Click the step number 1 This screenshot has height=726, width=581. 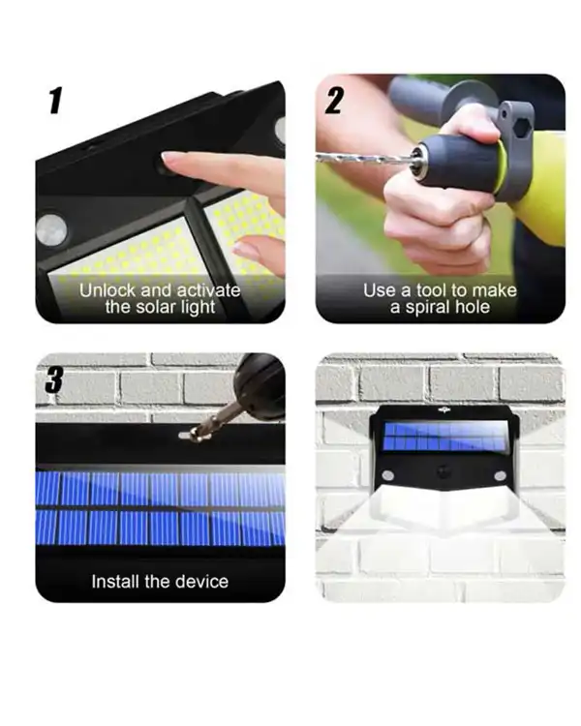(55, 100)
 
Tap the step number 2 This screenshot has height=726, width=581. (334, 100)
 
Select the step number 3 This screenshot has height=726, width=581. (54, 379)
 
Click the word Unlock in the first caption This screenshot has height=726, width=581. (107, 290)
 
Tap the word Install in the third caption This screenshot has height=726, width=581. (115, 581)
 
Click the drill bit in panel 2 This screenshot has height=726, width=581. (365, 159)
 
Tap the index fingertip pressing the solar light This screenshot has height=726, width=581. (168, 158)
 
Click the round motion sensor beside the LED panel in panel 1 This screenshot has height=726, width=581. (51, 230)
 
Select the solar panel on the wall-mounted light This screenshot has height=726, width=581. (444, 436)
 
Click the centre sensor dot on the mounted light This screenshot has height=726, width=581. (443, 472)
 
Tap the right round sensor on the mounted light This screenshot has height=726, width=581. (501, 475)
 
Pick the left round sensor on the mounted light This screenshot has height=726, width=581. (388, 475)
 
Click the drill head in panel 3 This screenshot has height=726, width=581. (259, 385)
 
